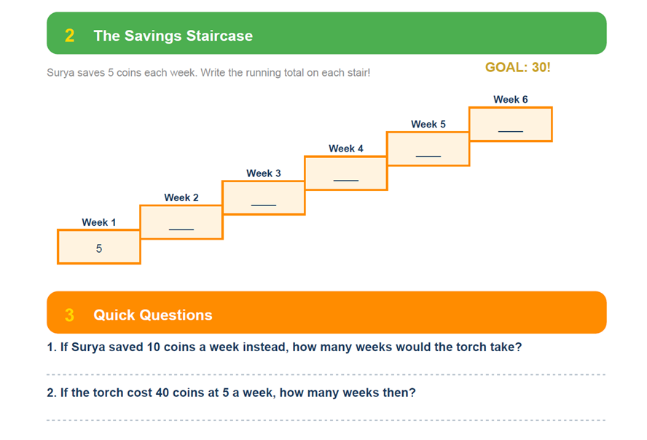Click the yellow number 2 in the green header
point(69,36)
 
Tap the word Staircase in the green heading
point(219,36)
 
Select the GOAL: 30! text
point(517,67)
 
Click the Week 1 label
point(98,222)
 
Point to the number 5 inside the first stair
point(99,248)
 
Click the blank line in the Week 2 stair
point(181,229)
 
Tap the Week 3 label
point(263,173)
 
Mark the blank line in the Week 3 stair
point(263,205)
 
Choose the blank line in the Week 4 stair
point(346,180)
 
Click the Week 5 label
point(428,124)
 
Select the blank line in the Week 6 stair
point(511,131)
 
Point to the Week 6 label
point(511,99)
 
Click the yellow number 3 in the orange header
point(69,315)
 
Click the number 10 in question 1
point(153,347)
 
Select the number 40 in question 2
point(162,393)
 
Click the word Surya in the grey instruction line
point(61,73)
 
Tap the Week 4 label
point(346,149)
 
